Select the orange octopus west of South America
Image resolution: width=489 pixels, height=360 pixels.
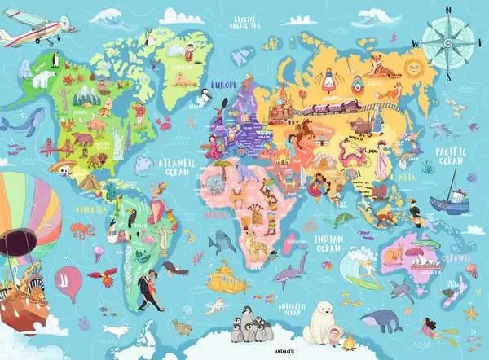(x=82, y=231)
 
